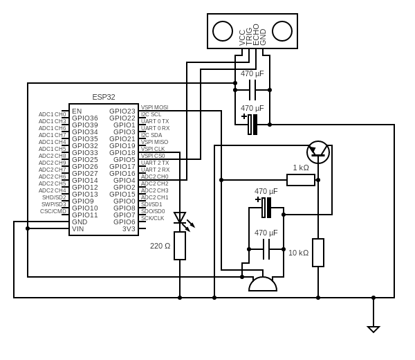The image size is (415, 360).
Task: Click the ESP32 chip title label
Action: pos(104,97)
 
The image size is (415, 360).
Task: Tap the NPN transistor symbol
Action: pos(318,152)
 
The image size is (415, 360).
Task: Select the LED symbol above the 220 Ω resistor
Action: pos(180,218)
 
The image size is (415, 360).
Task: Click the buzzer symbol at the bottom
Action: pos(263,283)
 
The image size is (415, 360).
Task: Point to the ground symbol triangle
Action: pos(373,329)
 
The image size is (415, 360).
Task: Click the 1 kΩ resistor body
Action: pos(301,180)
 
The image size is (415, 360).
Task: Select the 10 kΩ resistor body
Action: pos(318,253)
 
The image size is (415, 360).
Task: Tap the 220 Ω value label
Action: pos(160,246)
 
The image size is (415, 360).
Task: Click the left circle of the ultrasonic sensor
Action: pos(223,31)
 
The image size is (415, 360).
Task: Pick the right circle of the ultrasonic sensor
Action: pos(282,31)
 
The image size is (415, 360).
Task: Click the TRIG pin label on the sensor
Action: pos(249,37)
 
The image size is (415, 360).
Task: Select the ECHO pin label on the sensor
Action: pos(256,35)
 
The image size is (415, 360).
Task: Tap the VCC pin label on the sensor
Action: pos(242,37)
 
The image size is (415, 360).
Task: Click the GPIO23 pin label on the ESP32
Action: pos(122,111)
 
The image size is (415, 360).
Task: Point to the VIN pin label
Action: pos(78,228)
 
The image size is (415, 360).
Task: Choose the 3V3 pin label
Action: pos(129,228)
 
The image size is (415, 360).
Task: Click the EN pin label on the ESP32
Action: pos(77,111)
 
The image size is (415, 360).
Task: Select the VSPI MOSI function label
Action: pos(154,107)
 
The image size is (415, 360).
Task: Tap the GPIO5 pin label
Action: pos(124,159)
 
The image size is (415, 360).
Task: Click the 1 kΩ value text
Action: pos(301,168)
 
